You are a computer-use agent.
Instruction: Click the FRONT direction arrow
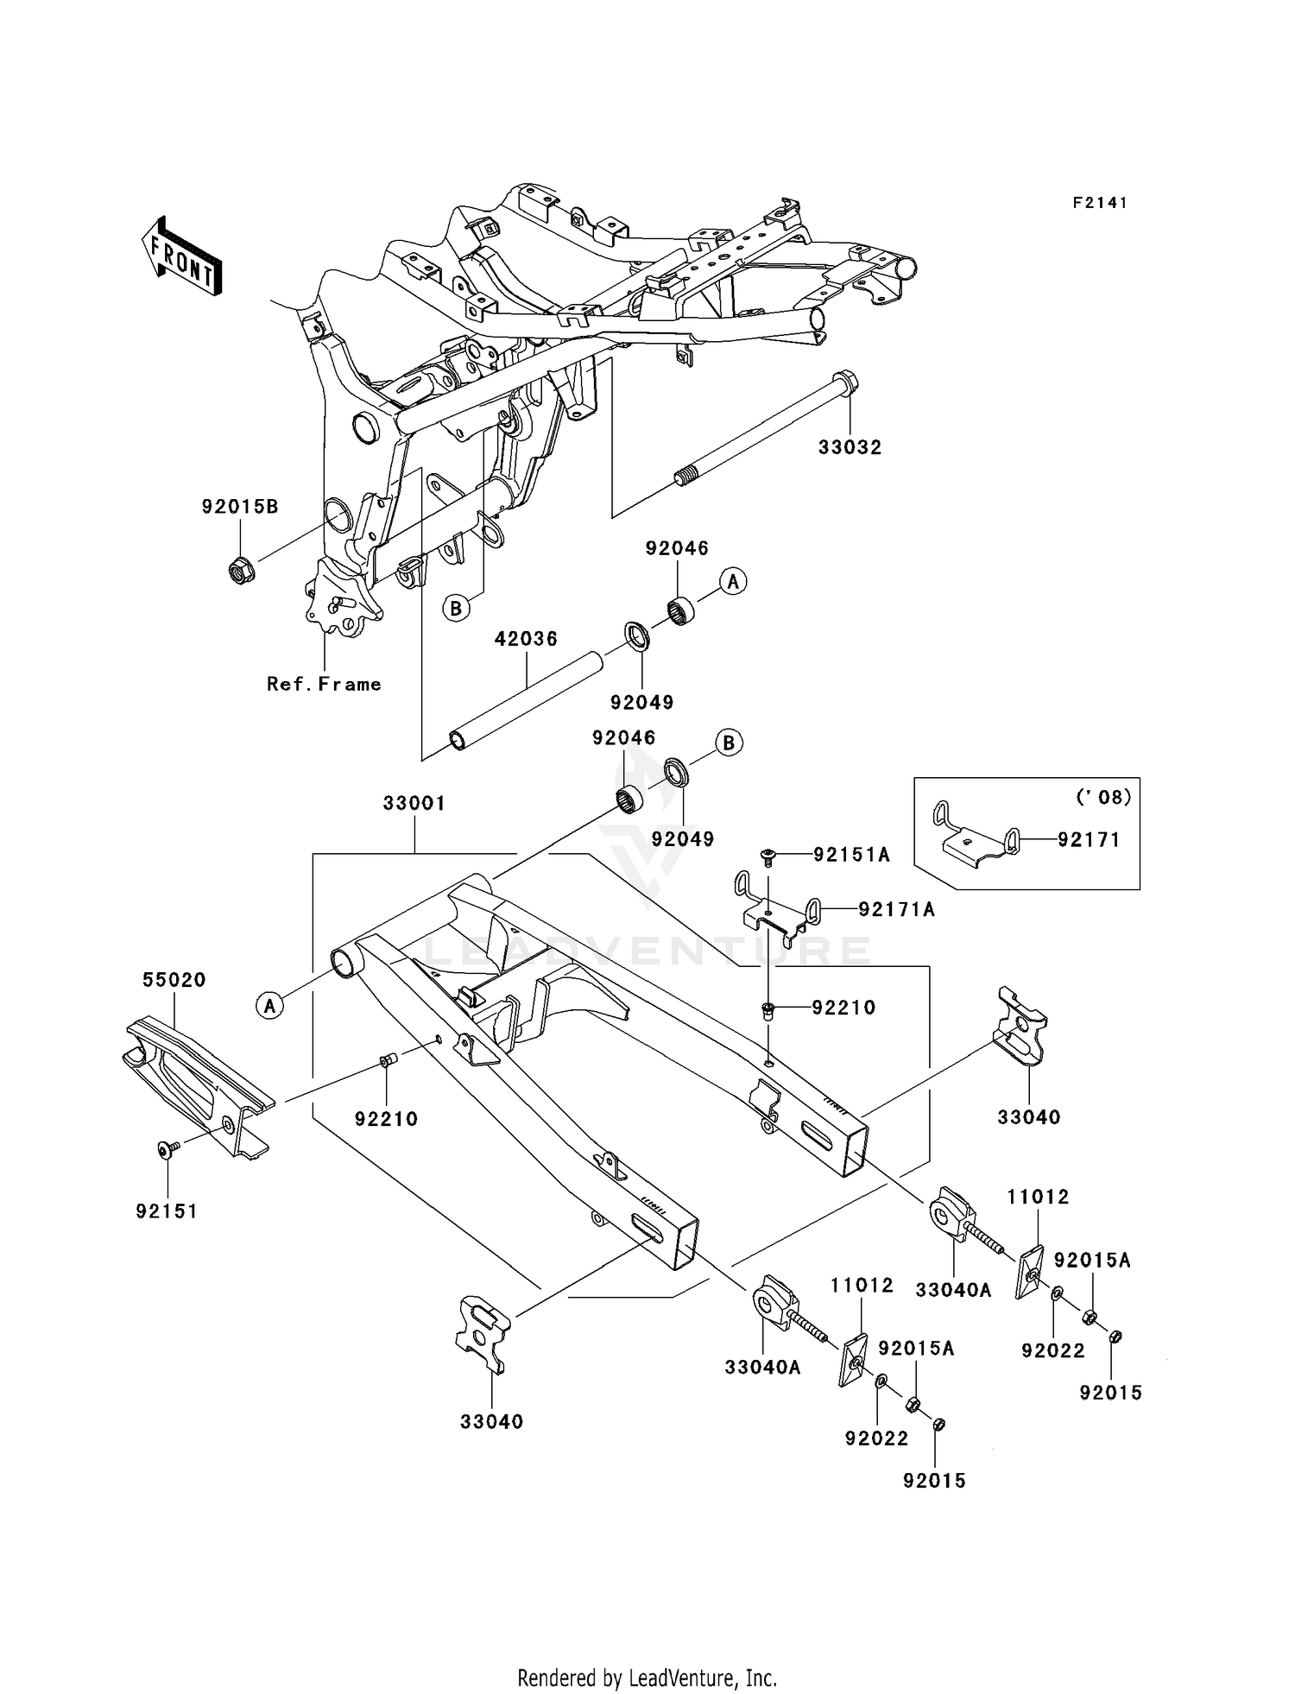pyautogui.click(x=181, y=256)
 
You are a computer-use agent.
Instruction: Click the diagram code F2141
pyautogui.click(x=1100, y=203)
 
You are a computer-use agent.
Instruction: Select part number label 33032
pyautogui.click(x=850, y=447)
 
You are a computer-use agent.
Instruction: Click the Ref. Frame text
pyautogui.click(x=324, y=684)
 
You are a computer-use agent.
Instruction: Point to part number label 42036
pyautogui.click(x=526, y=639)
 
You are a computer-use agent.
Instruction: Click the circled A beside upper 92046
pyautogui.click(x=733, y=582)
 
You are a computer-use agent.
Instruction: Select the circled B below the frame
pyautogui.click(x=457, y=608)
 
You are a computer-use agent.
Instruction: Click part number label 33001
pyautogui.click(x=414, y=803)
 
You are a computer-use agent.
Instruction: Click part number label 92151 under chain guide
pyautogui.click(x=167, y=1211)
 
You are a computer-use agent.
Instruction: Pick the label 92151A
pyautogui.click(x=851, y=855)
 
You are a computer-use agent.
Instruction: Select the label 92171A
pyautogui.click(x=896, y=909)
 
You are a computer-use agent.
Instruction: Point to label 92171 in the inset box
pyautogui.click(x=1089, y=838)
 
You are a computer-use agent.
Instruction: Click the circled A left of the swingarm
pyautogui.click(x=269, y=1005)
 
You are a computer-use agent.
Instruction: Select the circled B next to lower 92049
pyautogui.click(x=730, y=743)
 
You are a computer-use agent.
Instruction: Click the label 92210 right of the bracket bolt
pyautogui.click(x=843, y=1008)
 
